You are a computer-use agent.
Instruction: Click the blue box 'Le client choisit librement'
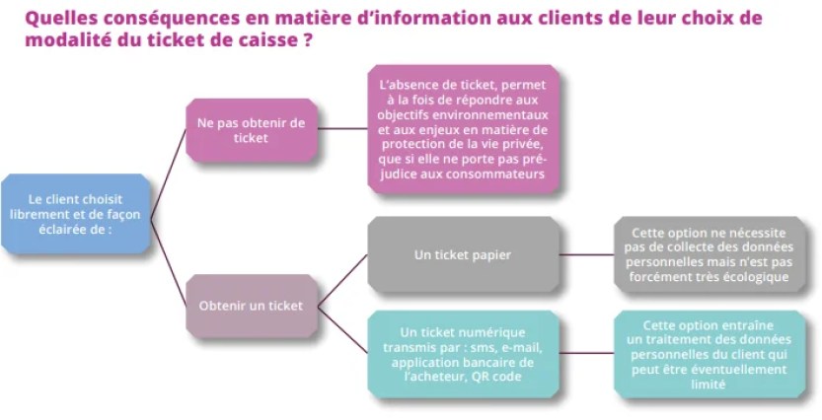click(x=76, y=213)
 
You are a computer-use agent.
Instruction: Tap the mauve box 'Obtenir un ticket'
click(x=251, y=306)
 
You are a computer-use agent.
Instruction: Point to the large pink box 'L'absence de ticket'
click(x=463, y=129)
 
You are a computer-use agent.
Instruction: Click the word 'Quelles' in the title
click(x=58, y=18)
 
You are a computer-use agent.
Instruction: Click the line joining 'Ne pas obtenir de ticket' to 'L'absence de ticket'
click(x=343, y=128)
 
